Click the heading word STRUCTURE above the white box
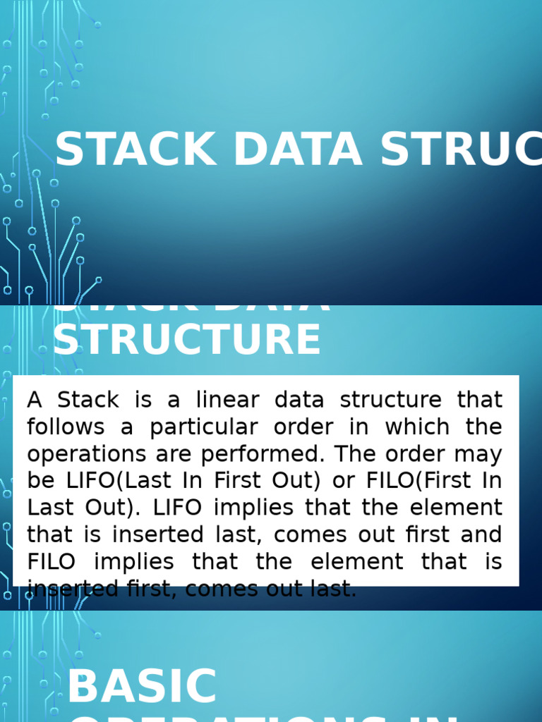(187, 339)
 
